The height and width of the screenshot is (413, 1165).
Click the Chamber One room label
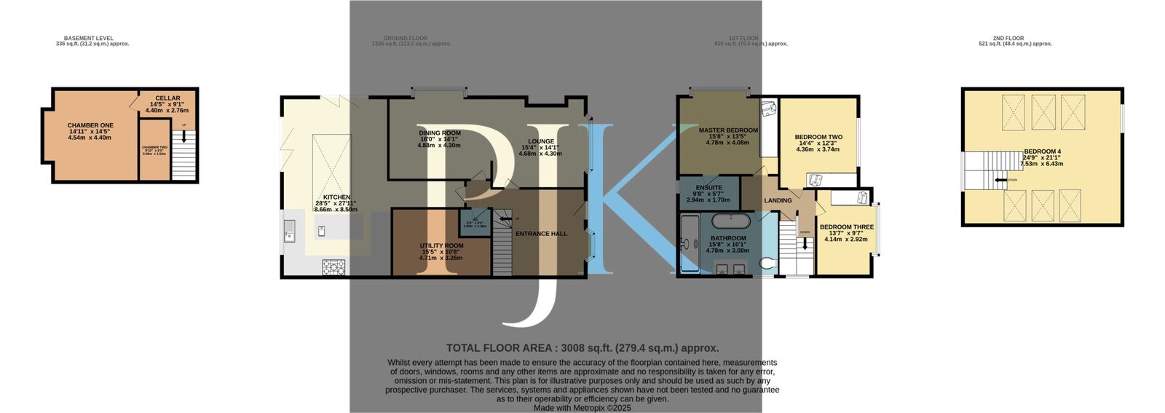[90, 125]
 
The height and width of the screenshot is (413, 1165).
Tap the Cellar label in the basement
[167, 98]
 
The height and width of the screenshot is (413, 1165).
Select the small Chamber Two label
[154, 147]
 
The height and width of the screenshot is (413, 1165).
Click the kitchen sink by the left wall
[289, 231]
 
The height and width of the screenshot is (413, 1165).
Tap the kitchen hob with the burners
[333, 267]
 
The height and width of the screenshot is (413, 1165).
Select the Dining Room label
[440, 133]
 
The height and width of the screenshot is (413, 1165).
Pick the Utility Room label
[441, 245]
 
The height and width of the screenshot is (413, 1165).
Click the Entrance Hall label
[541, 234]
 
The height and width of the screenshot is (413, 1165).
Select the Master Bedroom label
[728, 130]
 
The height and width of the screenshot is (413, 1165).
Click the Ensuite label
[708, 187]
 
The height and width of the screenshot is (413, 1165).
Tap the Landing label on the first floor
[778, 200]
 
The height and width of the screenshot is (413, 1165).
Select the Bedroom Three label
[846, 227]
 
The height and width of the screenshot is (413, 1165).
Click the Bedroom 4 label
[1042, 152]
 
